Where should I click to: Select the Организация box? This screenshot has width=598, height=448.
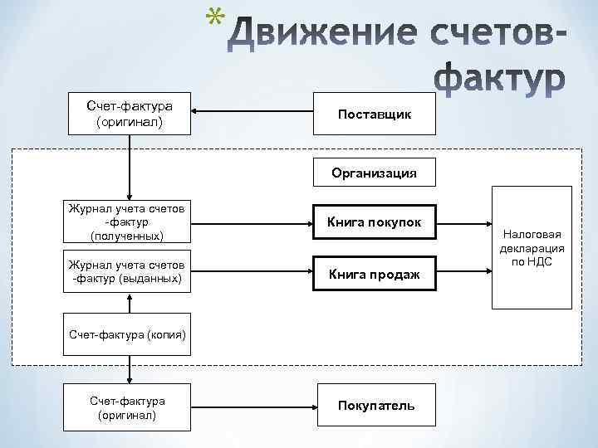(x=374, y=173)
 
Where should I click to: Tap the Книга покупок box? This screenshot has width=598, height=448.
(x=374, y=222)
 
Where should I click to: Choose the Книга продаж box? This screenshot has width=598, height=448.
(x=374, y=274)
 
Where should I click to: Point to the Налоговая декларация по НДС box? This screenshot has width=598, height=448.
(x=532, y=247)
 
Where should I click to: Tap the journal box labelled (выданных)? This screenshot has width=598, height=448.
(x=128, y=270)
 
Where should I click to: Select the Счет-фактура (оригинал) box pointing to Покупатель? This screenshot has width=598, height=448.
(x=128, y=407)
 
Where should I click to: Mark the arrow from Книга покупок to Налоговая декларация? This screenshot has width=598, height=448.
(x=463, y=222)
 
